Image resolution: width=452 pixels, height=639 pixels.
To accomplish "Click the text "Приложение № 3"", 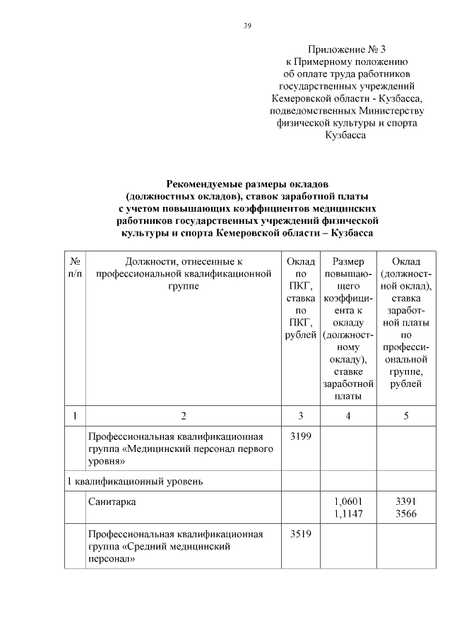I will [x=346, y=49].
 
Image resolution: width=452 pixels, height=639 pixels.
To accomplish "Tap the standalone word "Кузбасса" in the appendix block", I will [x=345, y=135].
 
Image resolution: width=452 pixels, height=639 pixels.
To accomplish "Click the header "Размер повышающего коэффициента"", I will [x=348, y=328].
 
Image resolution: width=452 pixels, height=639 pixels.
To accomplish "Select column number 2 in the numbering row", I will [x=184, y=415].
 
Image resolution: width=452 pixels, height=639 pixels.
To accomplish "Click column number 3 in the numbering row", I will [x=301, y=415].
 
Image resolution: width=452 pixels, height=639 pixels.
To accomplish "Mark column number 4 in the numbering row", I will [x=348, y=415].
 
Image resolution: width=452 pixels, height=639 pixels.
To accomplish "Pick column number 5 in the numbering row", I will [x=406, y=415].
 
